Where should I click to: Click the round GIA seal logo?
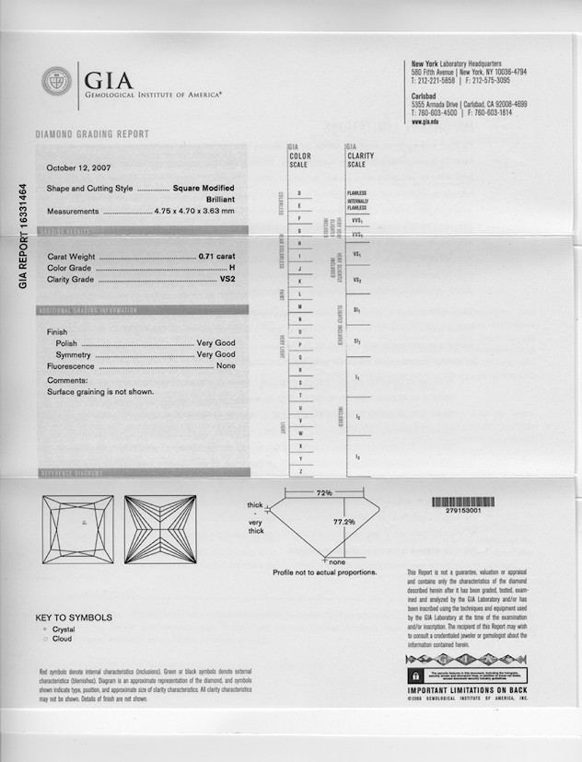coord(56,80)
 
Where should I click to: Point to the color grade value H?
coord(232,268)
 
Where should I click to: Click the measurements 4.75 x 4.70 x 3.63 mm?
coord(194,211)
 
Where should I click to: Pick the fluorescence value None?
coord(225,365)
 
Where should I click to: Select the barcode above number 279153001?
coord(462,502)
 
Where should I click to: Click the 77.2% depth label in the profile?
coord(343,522)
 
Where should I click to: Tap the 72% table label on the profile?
coord(324,494)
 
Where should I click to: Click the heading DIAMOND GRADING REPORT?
coord(92,134)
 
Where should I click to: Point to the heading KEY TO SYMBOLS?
coord(74,618)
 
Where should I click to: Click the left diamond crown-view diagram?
coord(77,529)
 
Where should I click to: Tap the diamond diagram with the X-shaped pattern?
coord(160,529)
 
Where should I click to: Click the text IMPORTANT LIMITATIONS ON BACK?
coord(467,689)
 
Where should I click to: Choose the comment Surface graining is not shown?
coord(100,391)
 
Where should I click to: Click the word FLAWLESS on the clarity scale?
coord(356,193)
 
